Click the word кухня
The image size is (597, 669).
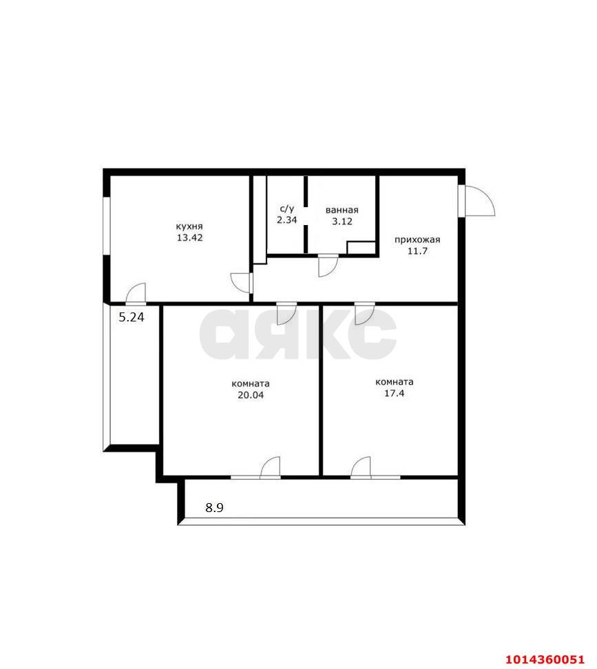189,226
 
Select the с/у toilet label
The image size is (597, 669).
286,209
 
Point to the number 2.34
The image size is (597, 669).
286,220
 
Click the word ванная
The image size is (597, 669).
342,210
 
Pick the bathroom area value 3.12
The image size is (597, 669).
342,221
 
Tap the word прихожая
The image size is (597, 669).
417,240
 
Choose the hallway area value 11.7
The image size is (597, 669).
417,252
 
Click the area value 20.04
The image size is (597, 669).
250,395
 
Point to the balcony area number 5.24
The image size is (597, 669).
132,317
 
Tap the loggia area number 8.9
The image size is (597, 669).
215,508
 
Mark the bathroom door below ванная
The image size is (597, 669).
328,266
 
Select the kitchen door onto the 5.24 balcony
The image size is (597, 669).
136,294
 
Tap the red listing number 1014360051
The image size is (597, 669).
545,659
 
